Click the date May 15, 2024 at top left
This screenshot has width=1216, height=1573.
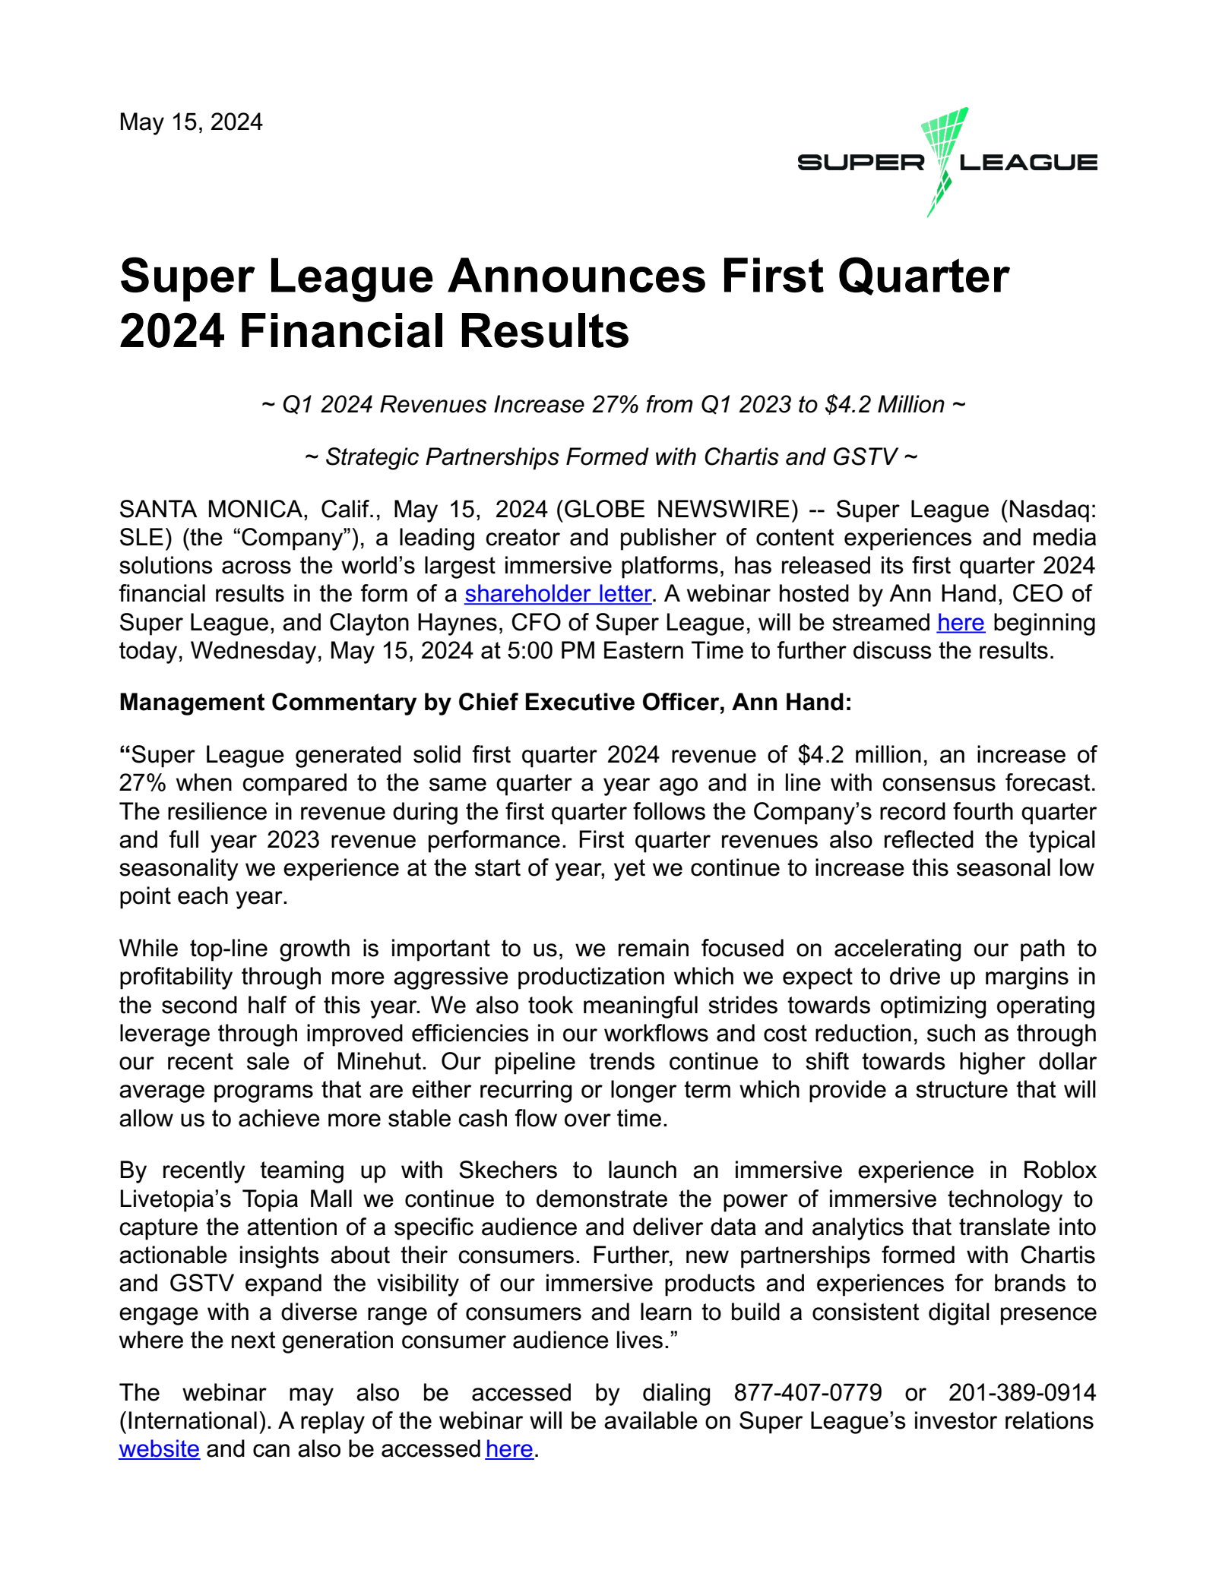191,122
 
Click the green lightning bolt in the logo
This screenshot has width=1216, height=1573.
943,152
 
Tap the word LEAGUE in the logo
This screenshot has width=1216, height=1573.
1028,163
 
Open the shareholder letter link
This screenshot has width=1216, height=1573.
558,593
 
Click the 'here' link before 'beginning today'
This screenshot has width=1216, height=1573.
961,622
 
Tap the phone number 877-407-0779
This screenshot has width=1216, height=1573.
808,1392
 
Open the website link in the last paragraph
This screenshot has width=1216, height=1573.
160,1449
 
